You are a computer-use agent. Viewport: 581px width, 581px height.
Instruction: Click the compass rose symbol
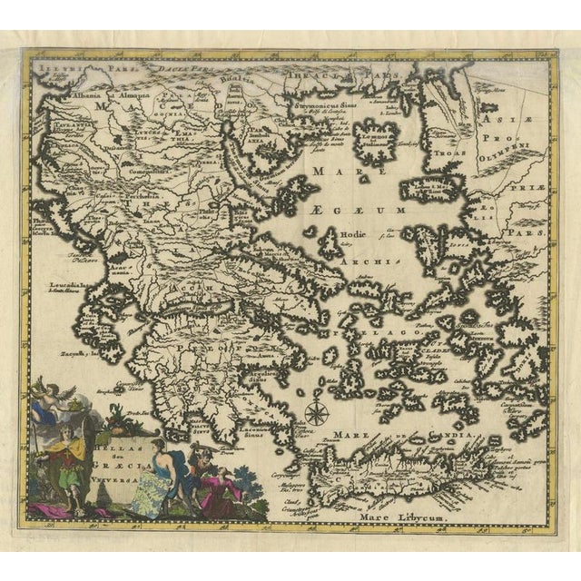[x=316, y=413]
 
